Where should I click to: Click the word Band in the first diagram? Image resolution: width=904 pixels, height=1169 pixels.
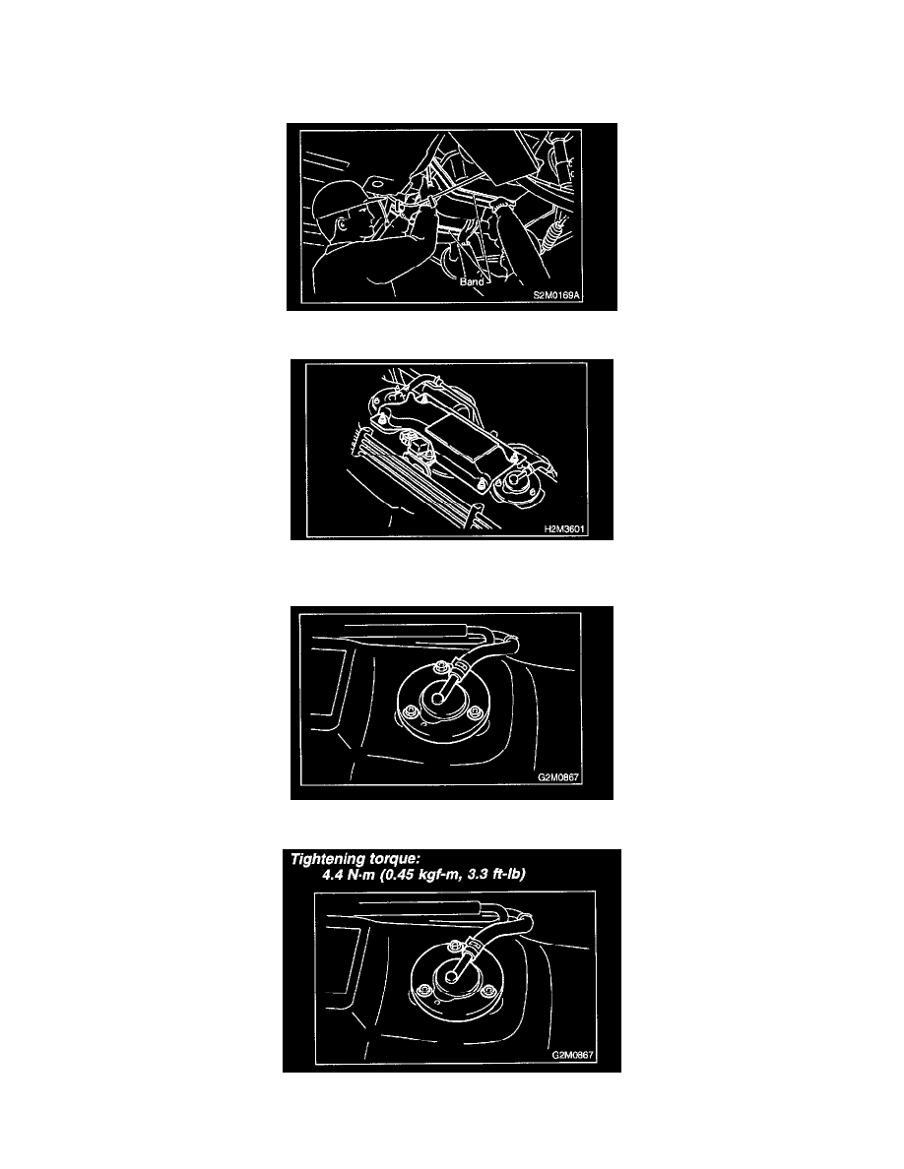(472, 281)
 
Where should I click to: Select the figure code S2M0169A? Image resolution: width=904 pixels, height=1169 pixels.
(555, 295)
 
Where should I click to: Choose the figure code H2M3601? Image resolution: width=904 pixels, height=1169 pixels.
(564, 529)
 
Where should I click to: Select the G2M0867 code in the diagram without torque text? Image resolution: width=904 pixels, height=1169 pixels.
(558, 776)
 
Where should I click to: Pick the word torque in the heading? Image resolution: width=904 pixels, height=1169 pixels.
(394, 859)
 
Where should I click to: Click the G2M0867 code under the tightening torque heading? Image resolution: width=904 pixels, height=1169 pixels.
(572, 1055)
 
